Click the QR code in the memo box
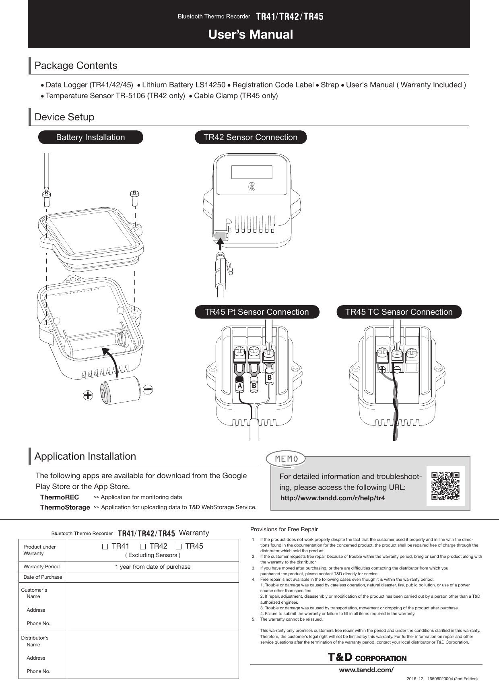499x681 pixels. tap(445, 486)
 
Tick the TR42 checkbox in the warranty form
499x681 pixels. tap(143, 547)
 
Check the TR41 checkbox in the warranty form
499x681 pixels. tap(105, 547)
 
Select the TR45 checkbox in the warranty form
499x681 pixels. tap(179, 547)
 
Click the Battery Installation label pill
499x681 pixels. tap(91, 137)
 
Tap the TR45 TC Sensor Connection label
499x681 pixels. tap(399, 312)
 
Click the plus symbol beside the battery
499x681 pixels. tap(88, 396)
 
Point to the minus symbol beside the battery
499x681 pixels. tap(148, 389)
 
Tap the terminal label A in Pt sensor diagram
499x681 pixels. tap(239, 386)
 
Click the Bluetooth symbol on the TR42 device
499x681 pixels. tap(252, 186)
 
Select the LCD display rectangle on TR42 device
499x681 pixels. tap(252, 172)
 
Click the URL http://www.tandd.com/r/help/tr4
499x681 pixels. tap(332, 498)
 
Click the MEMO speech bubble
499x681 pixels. tap(286, 459)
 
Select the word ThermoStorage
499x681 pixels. tap(65, 507)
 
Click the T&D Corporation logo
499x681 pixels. tap(367, 658)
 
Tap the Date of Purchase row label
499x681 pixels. tap(43, 577)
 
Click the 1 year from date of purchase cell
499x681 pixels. tap(153, 567)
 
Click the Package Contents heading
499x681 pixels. tap(76, 66)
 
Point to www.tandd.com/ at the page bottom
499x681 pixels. tap(366, 670)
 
